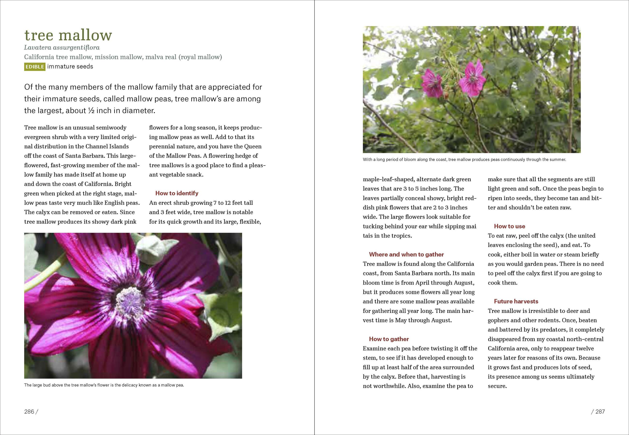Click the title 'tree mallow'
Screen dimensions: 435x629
(68, 35)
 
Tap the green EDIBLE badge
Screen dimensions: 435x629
(35, 67)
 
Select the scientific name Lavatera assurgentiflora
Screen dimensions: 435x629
(62, 48)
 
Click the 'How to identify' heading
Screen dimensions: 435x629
(177, 193)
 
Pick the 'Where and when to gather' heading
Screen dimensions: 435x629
(406, 254)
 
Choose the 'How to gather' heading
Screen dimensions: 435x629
(389, 339)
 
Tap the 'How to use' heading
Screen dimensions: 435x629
(509, 226)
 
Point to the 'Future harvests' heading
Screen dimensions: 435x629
(516, 301)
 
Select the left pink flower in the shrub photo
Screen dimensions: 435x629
(433, 83)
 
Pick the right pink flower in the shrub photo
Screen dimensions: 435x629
(472, 78)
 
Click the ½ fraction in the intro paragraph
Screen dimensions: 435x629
(91, 111)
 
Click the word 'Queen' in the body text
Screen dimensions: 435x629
(253, 146)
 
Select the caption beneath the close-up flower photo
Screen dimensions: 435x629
(104, 385)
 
